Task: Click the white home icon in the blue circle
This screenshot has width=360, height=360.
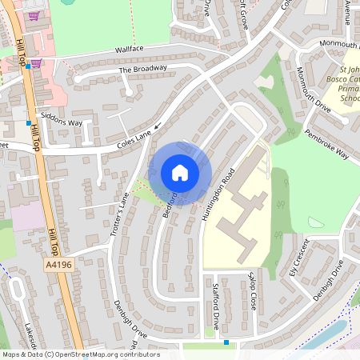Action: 180,173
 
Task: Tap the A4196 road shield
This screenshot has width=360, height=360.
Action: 59,265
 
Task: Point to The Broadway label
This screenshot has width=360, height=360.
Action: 143,69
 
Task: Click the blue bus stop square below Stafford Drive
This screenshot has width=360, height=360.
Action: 226,342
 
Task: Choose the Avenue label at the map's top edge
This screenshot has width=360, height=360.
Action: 348,11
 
